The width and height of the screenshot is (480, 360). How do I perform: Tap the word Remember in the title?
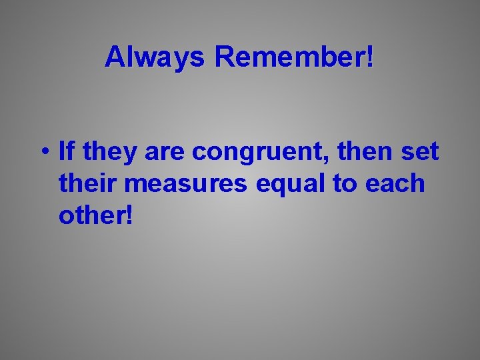tap(289, 58)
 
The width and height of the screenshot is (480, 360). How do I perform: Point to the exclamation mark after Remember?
tap(369, 58)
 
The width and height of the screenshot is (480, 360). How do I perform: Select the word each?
tap(399, 183)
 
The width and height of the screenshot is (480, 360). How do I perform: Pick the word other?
tap(93, 214)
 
